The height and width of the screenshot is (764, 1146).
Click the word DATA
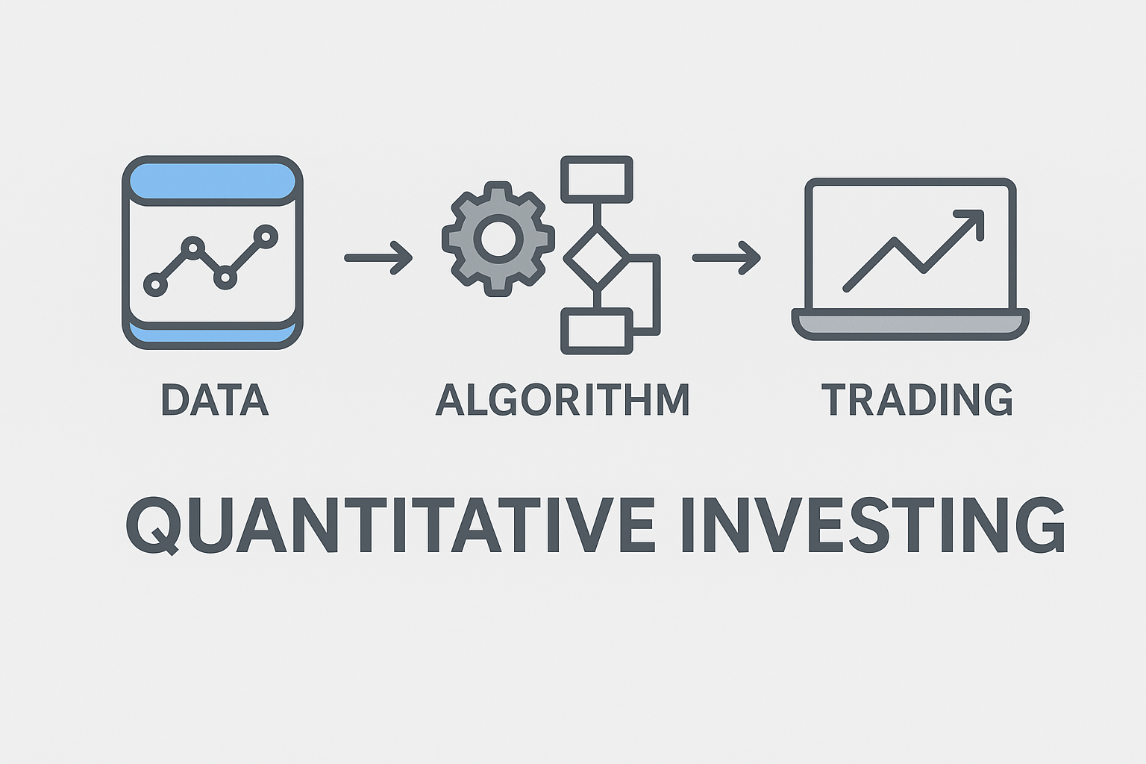click(215, 399)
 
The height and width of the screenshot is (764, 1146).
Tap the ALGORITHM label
click(563, 399)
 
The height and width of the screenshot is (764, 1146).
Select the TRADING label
click(917, 399)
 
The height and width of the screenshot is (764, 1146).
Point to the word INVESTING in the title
click(874, 525)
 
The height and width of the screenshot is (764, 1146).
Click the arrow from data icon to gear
click(378, 258)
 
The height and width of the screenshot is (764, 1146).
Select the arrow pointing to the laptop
click(727, 258)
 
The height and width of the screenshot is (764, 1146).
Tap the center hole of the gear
click(498, 239)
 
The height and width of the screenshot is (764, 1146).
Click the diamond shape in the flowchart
click(597, 258)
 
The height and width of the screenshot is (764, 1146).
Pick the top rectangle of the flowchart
click(597, 180)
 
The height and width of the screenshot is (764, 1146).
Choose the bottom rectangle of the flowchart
click(597, 331)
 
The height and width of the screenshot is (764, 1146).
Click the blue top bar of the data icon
click(213, 181)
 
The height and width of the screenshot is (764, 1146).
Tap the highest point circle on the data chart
click(266, 237)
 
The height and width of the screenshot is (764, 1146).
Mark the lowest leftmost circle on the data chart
click(155, 284)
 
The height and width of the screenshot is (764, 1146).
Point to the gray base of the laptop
click(910, 324)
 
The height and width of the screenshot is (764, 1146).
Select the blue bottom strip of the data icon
click(213, 334)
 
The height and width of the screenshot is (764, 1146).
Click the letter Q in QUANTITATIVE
click(154, 526)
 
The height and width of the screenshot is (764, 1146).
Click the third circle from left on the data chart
click(225, 278)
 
